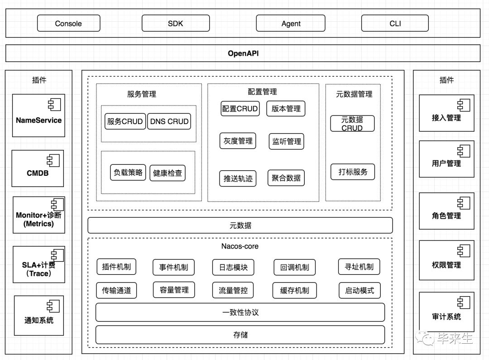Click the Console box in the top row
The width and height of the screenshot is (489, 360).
coord(68,24)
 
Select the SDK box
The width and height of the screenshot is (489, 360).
coord(175,24)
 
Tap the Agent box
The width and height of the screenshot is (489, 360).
coord(290,24)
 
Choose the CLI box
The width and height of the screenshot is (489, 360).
coord(395,24)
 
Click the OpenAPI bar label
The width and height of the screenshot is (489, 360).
coord(243,53)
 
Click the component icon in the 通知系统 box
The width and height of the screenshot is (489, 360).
coord(53,306)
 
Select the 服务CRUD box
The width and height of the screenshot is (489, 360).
coord(125,121)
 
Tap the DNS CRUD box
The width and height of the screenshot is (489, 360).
coord(169,121)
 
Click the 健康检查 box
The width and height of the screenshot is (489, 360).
coord(168,173)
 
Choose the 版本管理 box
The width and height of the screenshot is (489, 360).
coord(286,109)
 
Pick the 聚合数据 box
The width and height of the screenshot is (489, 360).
coord(286,178)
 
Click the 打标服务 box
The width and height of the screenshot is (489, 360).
coord(353,172)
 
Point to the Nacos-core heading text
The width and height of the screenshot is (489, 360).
coord(240,246)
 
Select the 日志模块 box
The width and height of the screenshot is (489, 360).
coord(233,267)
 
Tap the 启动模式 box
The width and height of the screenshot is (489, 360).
coord(360,290)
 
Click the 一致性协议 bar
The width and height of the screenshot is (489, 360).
coord(240,312)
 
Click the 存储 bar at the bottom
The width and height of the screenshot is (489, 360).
coord(240,335)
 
